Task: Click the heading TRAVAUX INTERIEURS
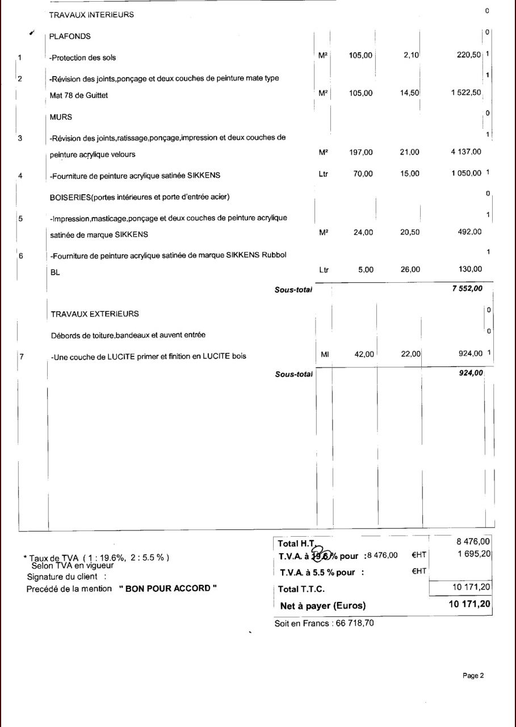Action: (x=91, y=15)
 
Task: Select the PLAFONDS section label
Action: (x=70, y=36)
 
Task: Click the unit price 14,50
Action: (x=409, y=93)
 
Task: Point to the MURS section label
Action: (x=61, y=117)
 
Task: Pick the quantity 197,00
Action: (x=360, y=152)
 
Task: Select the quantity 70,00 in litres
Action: (x=363, y=174)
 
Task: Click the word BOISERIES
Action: (x=70, y=197)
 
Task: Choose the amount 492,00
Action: (x=469, y=232)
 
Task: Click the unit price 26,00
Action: (x=410, y=270)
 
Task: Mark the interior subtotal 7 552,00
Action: (x=467, y=289)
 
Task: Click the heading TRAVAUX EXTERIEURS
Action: (x=95, y=314)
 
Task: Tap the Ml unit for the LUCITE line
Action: (x=325, y=354)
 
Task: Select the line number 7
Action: (x=21, y=357)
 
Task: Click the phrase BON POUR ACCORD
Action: (x=168, y=589)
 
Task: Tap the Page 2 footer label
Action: (x=473, y=676)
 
